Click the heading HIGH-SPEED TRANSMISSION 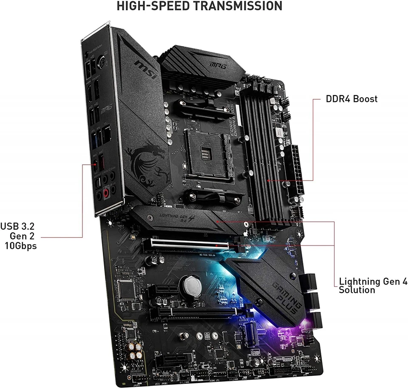click(x=199, y=6)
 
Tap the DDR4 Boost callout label click(x=351, y=99)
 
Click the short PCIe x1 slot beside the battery click(x=163, y=290)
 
